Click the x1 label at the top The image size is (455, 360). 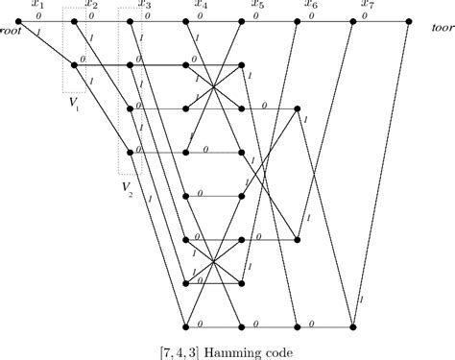point(36,6)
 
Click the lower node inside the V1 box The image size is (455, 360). point(75,64)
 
